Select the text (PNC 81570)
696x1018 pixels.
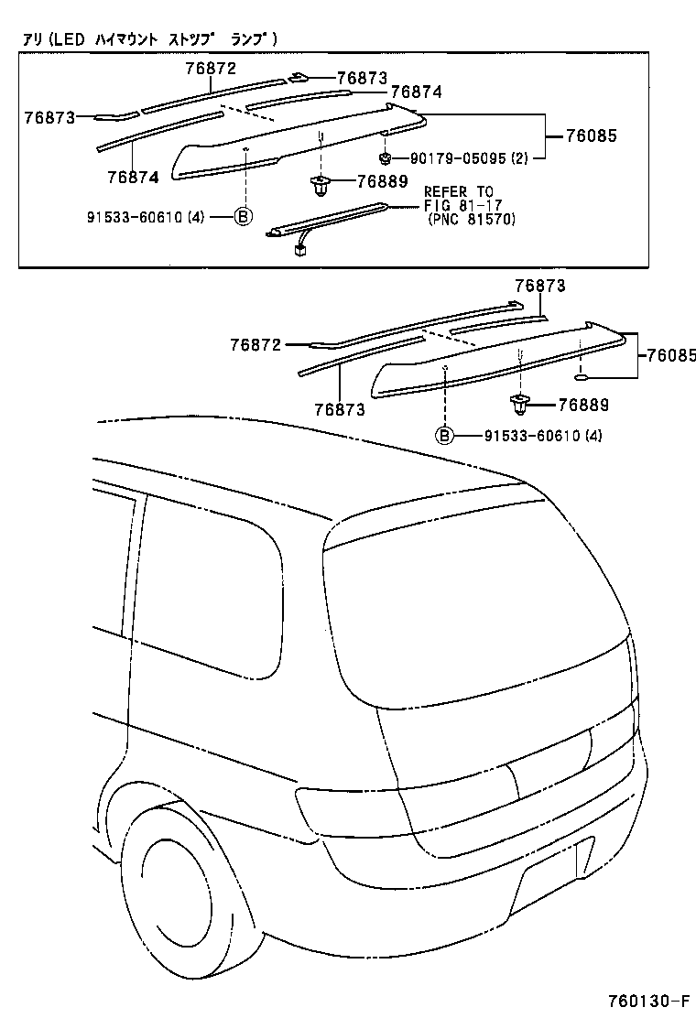tap(472, 220)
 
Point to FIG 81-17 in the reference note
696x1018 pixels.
tap(459, 205)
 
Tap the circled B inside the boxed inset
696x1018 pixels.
tap(243, 217)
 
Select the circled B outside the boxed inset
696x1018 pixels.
tap(443, 435)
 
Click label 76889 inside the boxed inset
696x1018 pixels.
tap(382, 181)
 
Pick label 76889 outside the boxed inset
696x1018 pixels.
tap(582, 405)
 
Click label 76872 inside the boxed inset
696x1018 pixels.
tap(211, 69)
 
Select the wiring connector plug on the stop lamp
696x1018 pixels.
tap(299, 250)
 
